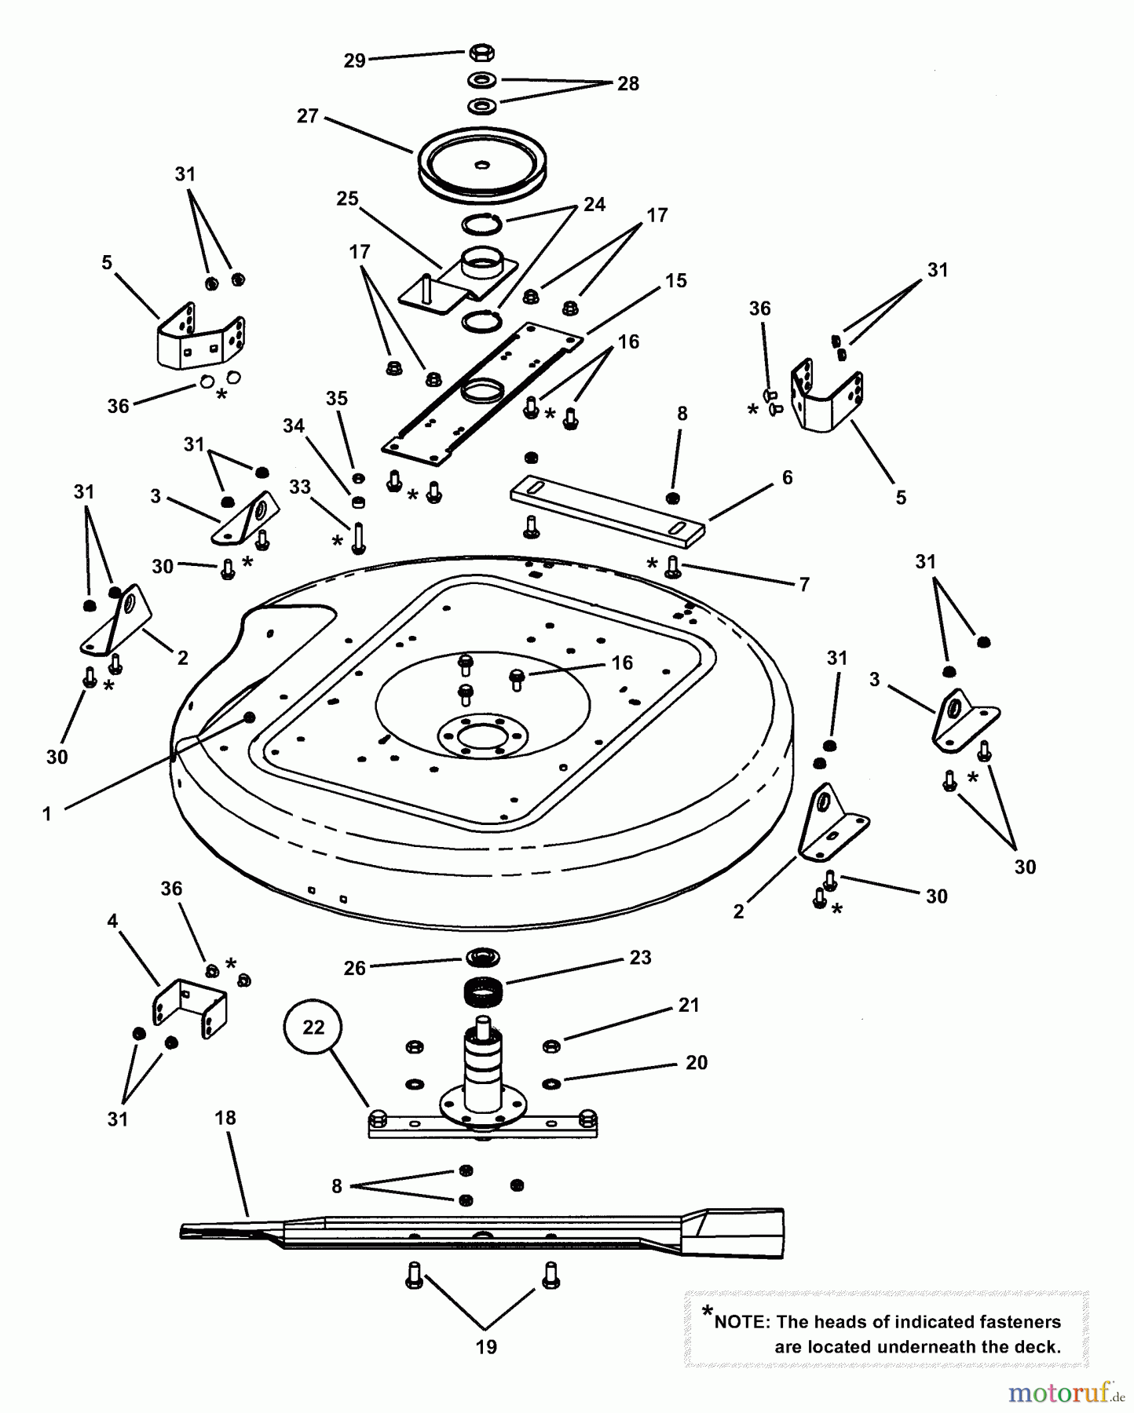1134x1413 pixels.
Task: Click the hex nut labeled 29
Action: [x=481, y=53]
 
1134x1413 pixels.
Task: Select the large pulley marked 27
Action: [x=482, y=164]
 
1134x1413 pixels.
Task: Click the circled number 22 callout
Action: [x=313, y=1027]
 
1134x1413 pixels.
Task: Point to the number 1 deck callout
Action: [x=47, y=814]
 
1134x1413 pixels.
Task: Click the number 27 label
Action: [x=307, y=116]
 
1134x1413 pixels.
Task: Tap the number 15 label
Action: [x=675, y=280]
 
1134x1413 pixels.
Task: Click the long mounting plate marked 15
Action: [x=482, y=392]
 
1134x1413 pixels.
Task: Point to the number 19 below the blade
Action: [x=486, y=1347]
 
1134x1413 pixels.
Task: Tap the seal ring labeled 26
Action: [x=483, y=958]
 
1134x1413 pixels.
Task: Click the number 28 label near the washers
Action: [x=628, y=83]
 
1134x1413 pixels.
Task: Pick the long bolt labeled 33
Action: [x=358, y=537]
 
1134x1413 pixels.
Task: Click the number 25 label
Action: [x=347, y=199]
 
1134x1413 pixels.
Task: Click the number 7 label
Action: [x=804, y=584]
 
